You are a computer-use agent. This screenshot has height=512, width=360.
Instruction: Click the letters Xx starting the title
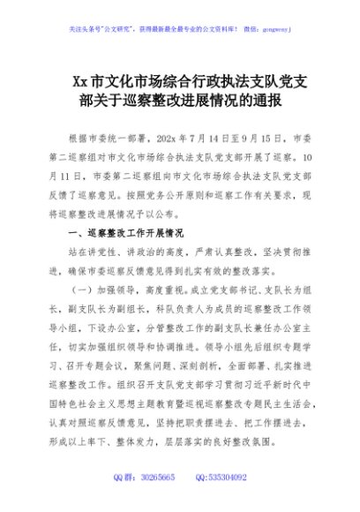tap(81, 82)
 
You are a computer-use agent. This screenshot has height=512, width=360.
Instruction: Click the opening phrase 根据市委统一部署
tap(109, 139)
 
